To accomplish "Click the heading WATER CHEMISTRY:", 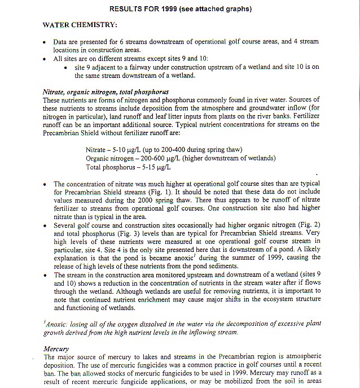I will click(80, 25).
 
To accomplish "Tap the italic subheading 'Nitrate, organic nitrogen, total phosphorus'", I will click(105, 92).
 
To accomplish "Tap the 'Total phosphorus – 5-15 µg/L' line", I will click(130, 167).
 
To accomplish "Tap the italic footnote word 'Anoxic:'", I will click(57, 324).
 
